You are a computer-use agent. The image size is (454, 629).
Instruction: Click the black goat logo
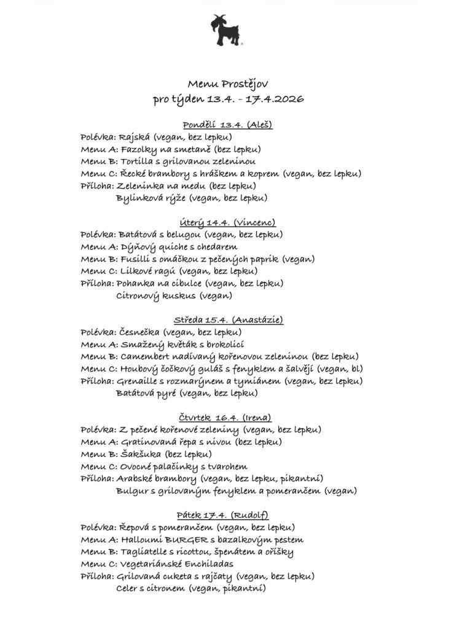(x=226, y=30)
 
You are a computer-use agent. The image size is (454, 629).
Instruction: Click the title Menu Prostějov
(x=227, y=83)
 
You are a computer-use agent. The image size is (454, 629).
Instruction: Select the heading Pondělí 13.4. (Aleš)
(x=227, y=125)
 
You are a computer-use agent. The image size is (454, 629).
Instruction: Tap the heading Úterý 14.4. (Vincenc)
(x=227, y=222)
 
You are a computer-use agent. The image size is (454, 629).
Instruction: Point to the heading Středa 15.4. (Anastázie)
(x=227, y=320)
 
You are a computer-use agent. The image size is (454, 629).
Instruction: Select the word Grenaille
(x=139, y=381)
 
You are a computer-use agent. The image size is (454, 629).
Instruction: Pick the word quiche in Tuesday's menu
(x=162, y=247)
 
